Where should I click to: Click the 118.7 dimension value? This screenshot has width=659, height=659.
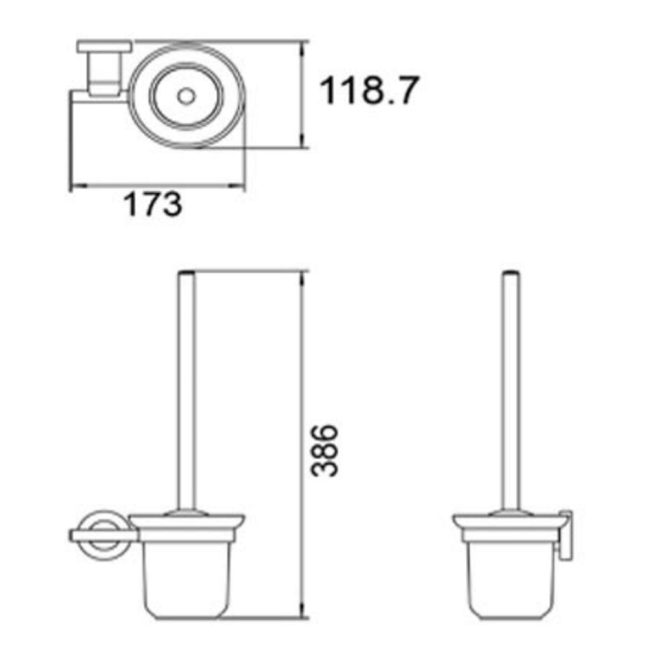pos(369,91)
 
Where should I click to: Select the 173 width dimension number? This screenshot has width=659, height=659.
pos(153,205)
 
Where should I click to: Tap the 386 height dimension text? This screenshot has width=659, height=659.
pos(324,451)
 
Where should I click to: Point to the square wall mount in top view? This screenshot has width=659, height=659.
pos(104,66)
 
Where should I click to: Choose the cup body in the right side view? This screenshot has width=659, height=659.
pos(509,580)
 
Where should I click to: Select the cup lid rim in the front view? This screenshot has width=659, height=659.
pos(187,521)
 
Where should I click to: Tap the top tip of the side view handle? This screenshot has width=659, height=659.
pos(511,272)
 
